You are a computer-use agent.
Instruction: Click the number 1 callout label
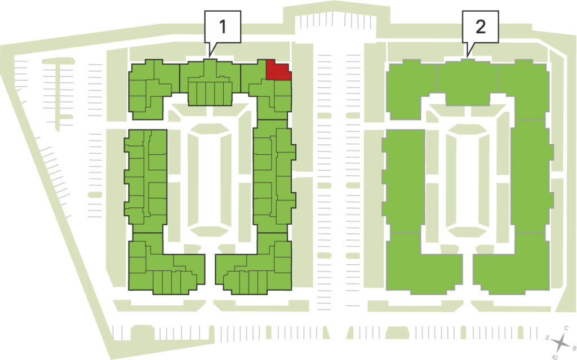click(222, 27)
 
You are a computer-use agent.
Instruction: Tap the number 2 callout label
click(480, 27)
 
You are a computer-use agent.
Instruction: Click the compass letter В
click(573, 347)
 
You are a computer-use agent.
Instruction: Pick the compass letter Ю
click(554, 357)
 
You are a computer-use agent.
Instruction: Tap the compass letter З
click(548, 337)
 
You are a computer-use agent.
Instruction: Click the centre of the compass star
click(561, 343)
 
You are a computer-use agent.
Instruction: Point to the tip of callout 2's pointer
click(467, 57)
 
